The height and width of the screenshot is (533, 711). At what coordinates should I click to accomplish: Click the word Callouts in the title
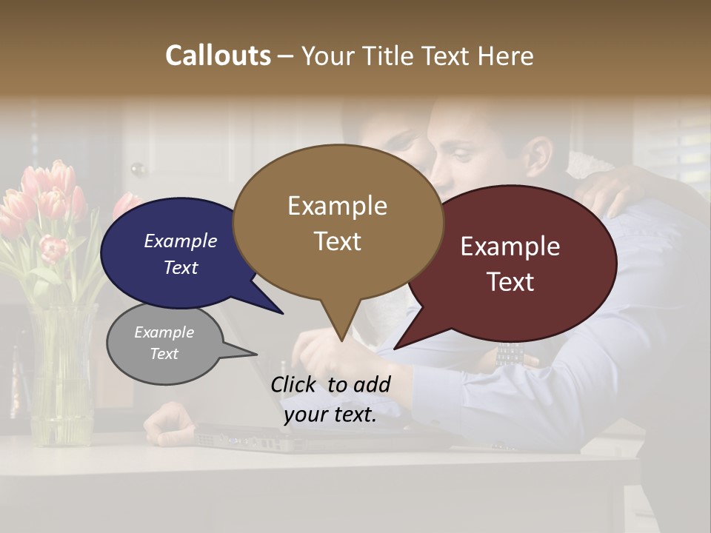coord(218,56)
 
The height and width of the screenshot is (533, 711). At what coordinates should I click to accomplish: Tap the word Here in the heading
coord(506,56)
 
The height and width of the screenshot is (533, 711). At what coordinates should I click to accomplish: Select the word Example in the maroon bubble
coord(510,247)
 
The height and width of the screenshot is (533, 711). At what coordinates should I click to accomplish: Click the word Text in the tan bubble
coord(338,241)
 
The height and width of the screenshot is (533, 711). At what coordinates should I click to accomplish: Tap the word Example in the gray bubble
coord(164,332)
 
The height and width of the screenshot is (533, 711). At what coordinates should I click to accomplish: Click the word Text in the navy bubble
coord(181,267)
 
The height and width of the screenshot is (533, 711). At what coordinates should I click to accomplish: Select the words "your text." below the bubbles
coord(330,415)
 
